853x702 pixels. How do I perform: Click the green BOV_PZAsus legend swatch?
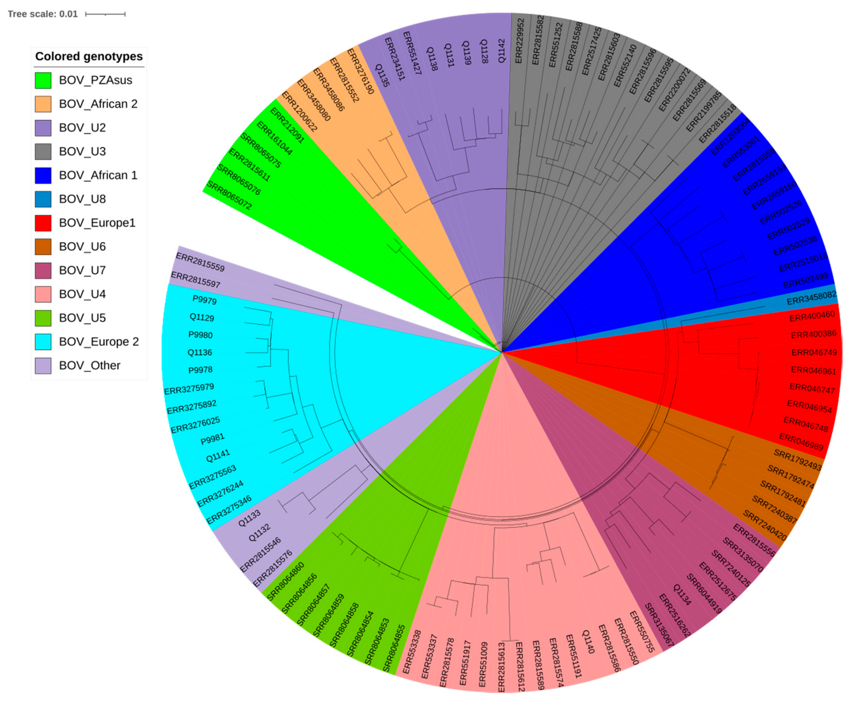[43, 80]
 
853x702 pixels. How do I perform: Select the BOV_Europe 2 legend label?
[99, 342]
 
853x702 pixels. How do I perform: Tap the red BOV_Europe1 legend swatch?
[43, 223]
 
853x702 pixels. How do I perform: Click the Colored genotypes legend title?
[89, 56]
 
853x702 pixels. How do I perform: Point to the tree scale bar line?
[105, 14]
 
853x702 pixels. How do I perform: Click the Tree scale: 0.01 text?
[42, 14]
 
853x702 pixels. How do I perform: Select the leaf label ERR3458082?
[811, 298]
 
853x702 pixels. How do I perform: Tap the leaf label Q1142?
[502, 51]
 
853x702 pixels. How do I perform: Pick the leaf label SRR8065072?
[229, 195]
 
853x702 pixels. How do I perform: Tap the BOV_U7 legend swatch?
[43, 271]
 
